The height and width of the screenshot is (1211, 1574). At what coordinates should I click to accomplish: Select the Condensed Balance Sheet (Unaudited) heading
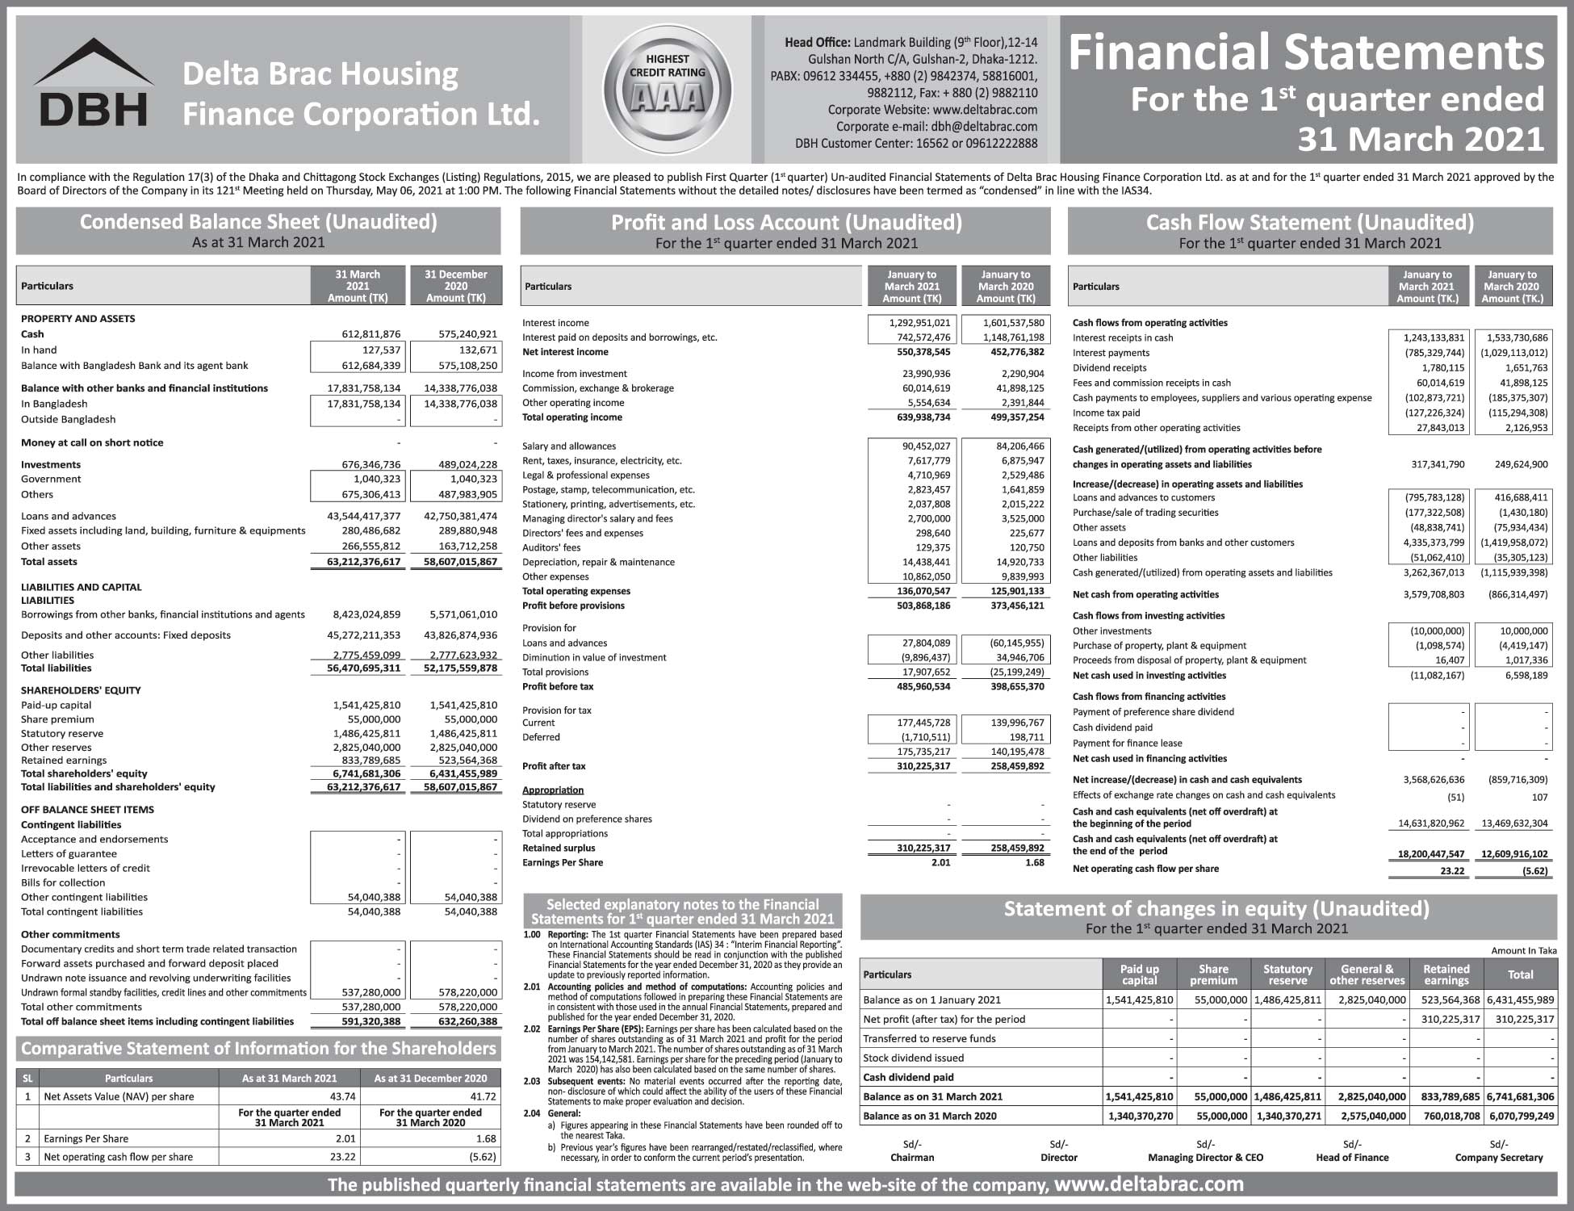coord(258,222)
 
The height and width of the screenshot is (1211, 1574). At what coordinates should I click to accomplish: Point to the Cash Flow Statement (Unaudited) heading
coord(1309,223)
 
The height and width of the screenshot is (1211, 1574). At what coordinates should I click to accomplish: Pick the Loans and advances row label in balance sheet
coord(69,516)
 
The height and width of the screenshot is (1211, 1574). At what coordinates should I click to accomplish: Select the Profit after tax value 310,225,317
coord(912,766)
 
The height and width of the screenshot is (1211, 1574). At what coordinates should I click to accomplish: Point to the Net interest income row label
coord(565,352)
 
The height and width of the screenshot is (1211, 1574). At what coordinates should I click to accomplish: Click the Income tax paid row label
coord(1106,413)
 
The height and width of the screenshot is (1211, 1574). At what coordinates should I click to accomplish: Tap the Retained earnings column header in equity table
coord(1446,974)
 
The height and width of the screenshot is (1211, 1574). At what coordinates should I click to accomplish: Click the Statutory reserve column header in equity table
coord(1287,974)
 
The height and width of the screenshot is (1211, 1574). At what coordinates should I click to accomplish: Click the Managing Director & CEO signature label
coord(1205,1157)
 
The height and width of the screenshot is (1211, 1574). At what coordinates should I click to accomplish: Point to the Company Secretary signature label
coord(1498,1157)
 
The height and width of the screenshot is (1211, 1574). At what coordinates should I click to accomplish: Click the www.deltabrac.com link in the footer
coord(1149,1184)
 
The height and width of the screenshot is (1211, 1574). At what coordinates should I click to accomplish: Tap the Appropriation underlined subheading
coord(552,790)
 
